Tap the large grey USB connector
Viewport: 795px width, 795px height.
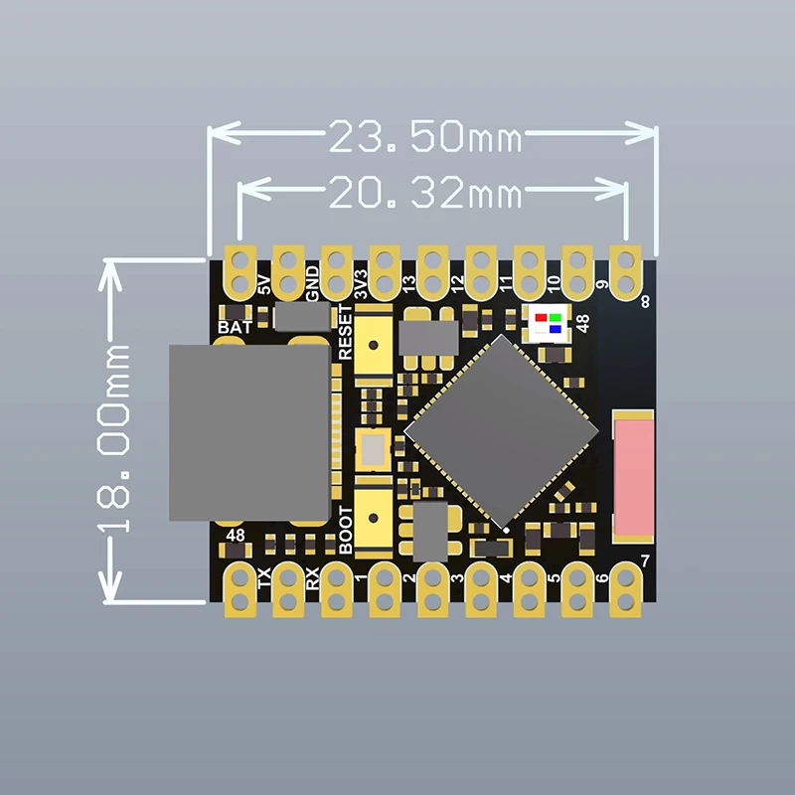tap(248, 433)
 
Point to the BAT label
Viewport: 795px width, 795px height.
tap(235, 326)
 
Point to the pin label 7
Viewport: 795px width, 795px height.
tap(646, 562)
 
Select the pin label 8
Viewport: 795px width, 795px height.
tap(646, 302)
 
